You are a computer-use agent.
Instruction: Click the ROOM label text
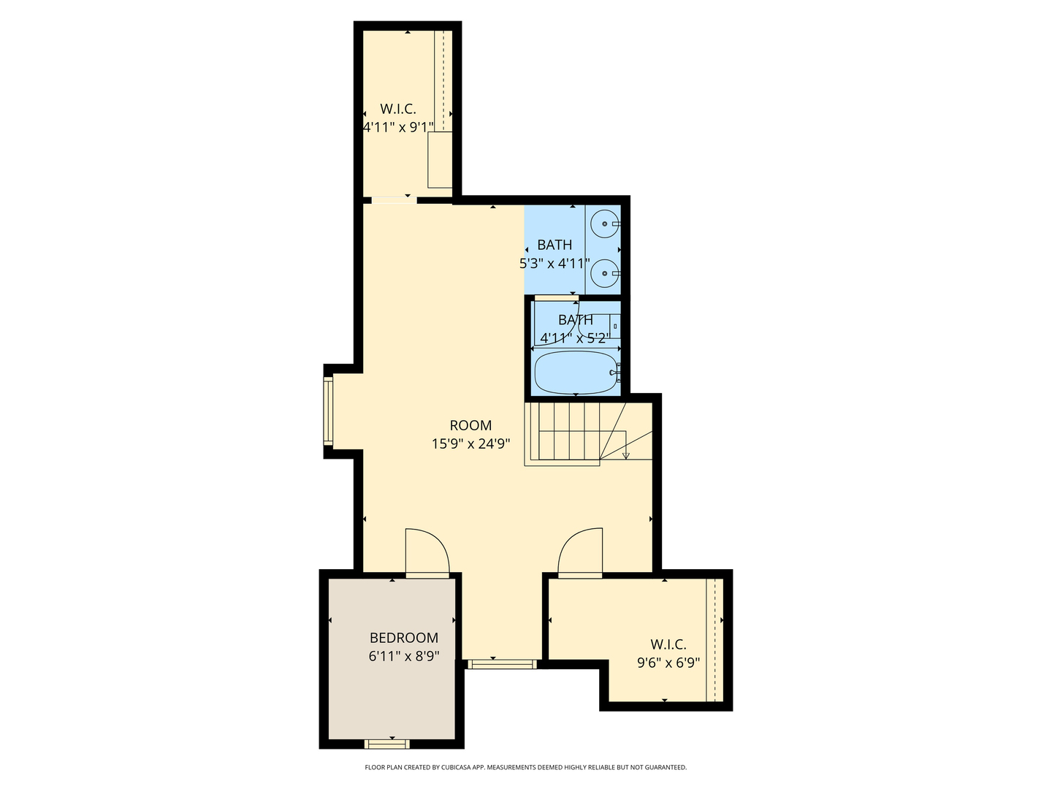coord(470,425)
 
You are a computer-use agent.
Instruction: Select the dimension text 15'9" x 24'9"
coord(470,443)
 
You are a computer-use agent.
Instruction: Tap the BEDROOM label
coord(403,638)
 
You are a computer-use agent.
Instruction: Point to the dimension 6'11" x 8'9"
coord(403,656)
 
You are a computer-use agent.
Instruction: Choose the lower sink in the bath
coord(606,273)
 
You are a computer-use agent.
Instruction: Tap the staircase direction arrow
coord(625,454)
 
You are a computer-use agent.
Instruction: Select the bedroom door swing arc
coord(431,548)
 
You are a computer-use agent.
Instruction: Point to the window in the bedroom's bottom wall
coord(387,744)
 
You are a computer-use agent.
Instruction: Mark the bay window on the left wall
coord(329,411)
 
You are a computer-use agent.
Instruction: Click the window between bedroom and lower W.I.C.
coord(502,664)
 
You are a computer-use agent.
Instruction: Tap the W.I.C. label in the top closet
coord(398,109)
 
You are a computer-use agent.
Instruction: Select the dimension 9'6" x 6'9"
coord(668,663)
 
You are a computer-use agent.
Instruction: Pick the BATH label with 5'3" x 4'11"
coord(554,245)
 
